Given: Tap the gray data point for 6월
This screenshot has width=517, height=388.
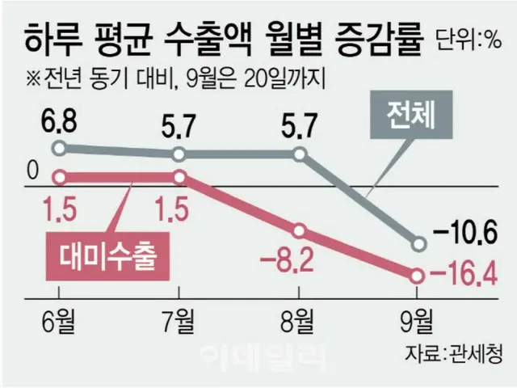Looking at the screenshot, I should tap(58, 148).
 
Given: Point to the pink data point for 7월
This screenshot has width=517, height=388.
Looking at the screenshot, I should tap(179, 176).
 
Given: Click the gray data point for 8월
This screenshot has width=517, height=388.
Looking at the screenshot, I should tap(300, 154).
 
